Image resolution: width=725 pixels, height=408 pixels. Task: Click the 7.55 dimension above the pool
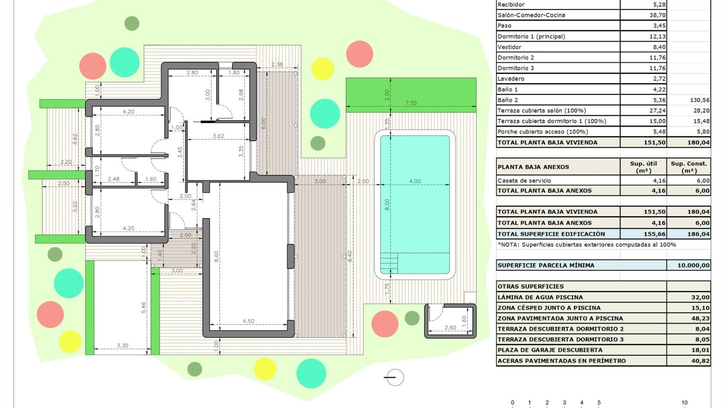coord(411,103)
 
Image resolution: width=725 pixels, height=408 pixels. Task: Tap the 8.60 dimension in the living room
coord(216,257)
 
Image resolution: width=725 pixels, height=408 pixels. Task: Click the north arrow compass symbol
coord(395,377)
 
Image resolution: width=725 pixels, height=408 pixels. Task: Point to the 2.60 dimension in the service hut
coord(450,328)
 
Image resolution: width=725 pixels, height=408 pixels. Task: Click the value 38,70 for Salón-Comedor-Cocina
coord(657,15)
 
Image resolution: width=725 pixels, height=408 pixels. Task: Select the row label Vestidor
coord(509,47)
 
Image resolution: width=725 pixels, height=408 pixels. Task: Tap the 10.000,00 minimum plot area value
coord(693,265)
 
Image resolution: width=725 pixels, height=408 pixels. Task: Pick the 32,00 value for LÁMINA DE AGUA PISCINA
coord(700,297)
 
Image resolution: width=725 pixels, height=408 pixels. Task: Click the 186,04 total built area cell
coord(698,234)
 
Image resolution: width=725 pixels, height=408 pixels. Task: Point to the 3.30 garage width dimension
coord(122,345)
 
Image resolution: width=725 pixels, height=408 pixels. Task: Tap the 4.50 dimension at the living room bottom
coord(248,321)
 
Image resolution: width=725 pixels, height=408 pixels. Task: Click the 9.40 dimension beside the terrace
coord(350,257)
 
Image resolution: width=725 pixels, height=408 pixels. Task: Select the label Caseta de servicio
coord(524,181)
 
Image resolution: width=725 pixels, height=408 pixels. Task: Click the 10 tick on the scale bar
coord(684,403)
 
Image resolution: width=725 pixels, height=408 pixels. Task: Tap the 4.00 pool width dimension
coord(415,181)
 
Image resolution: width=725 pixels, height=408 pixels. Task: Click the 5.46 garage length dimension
coord(143,308)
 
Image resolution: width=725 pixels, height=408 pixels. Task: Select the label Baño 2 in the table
coord(507,100)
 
